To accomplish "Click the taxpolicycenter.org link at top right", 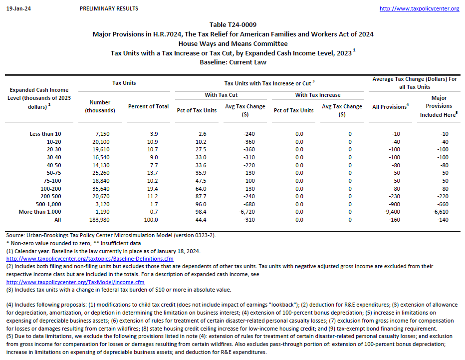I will point(419,8).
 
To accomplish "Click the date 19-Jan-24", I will point(15,8).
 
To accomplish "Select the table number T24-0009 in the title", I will point(233,24).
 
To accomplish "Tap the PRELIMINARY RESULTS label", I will point(109,8).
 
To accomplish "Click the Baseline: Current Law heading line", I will point(233,62).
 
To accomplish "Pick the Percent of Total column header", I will point(148,106).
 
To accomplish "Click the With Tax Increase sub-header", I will point(318,95).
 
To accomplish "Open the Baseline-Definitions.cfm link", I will point(90,259).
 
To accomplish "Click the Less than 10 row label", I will point(45,134).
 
